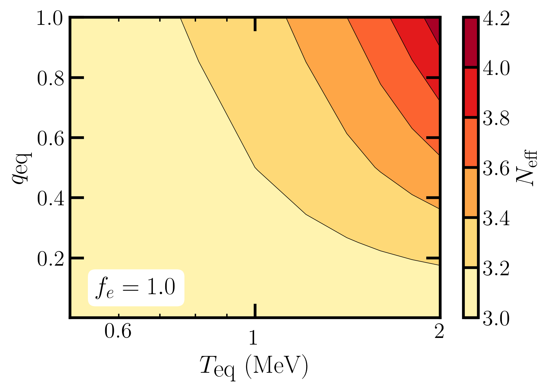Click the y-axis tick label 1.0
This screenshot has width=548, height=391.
[49, 19]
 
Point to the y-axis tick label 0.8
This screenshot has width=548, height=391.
[49, 79]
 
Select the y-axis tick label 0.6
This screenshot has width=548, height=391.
[49, 139]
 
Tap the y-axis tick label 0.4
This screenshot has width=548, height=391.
[49, 199]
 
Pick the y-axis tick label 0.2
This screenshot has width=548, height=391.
[49, 259]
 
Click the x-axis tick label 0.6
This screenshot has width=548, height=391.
[118, 331]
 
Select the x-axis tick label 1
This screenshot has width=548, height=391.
[253, 338]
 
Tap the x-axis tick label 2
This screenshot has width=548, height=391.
[439, 331]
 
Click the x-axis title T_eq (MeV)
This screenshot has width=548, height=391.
[254, 367]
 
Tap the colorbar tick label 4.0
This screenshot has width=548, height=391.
[496, 69]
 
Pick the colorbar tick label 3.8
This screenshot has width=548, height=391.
[496, 118]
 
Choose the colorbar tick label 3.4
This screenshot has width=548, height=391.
[496, 219]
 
